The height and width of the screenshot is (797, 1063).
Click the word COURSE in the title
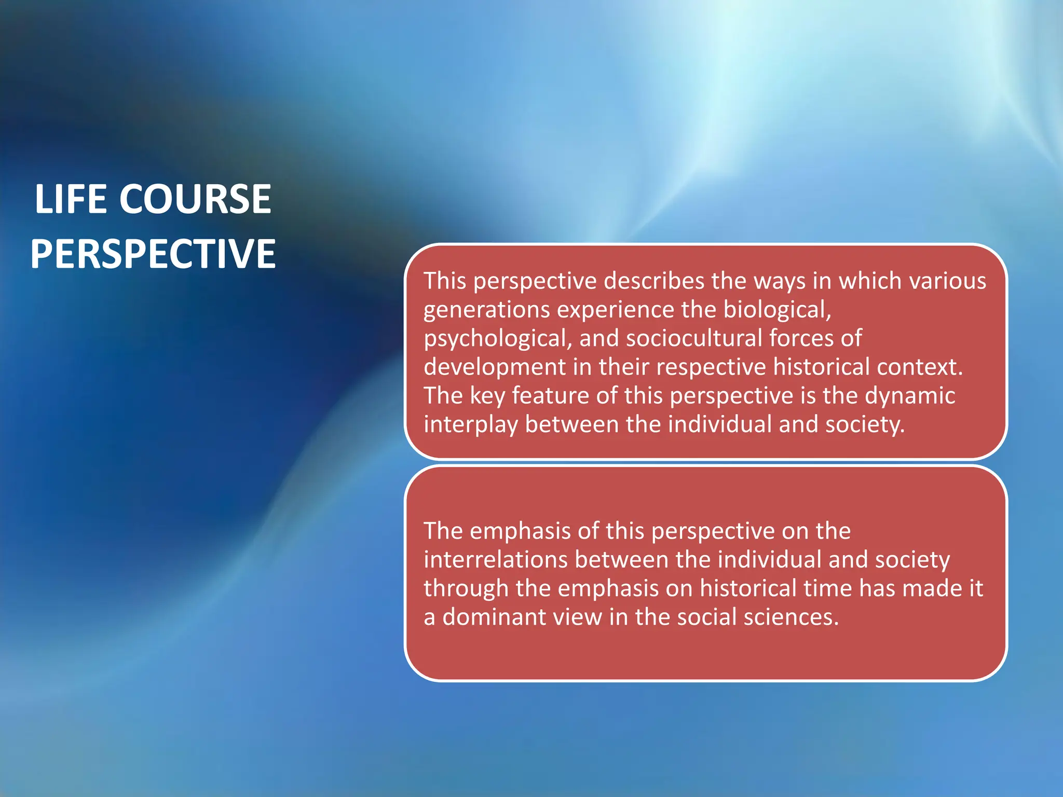tap(196, 199)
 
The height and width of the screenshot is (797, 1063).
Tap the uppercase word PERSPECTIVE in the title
tap(153, 254)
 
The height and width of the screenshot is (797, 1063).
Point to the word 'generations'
tap(486, 310)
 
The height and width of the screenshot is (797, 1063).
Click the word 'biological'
tap(776, 310)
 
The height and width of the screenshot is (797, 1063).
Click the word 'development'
tap(494, 367)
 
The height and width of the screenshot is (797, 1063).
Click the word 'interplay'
tap(470, 425)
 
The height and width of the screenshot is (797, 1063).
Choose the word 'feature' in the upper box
tap(550, 396)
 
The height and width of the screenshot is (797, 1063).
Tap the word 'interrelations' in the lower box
tap(495, 560)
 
